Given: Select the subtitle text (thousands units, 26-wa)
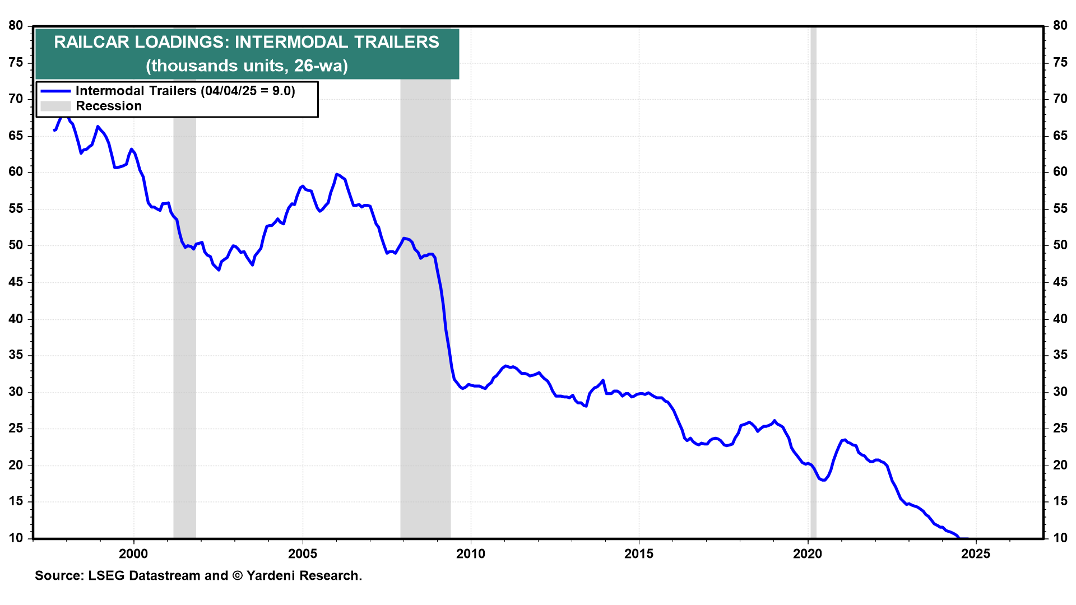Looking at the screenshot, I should tap(247, 66).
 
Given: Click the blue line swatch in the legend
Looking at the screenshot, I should tap(55, 91).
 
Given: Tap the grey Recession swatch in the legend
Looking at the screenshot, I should tap(55, 106).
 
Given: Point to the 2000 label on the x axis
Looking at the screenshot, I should tap(133, 554).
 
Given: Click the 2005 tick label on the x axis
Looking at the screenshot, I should tap(302, 554).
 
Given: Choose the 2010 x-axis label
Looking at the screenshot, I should tap(471, 554).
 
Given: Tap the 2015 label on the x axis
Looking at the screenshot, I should tap(639, 554).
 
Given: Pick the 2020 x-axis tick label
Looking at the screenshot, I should tap(808, 554).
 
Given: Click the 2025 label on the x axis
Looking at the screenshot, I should tap(976, 554).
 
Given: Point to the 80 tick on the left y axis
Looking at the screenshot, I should tap(16, 26).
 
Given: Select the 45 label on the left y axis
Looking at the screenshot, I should tap(16, 282).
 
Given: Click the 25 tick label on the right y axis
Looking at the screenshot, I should tap(1060, 429).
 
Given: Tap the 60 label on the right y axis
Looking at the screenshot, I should tap(1060, 172).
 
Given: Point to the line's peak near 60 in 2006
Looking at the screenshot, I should tap(336, 174).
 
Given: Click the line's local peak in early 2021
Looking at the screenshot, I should tap(844, 440).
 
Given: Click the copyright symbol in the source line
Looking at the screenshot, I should tap(236, 576).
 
